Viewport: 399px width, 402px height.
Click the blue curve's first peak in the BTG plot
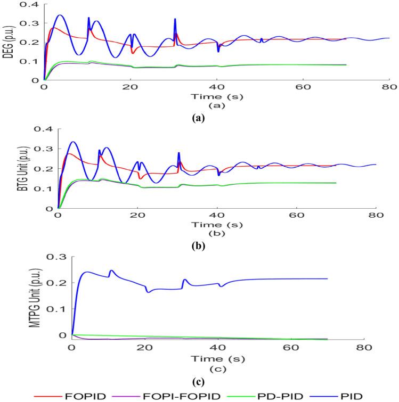coord(73,142)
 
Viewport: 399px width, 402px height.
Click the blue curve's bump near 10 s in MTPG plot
coord(111,270)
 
